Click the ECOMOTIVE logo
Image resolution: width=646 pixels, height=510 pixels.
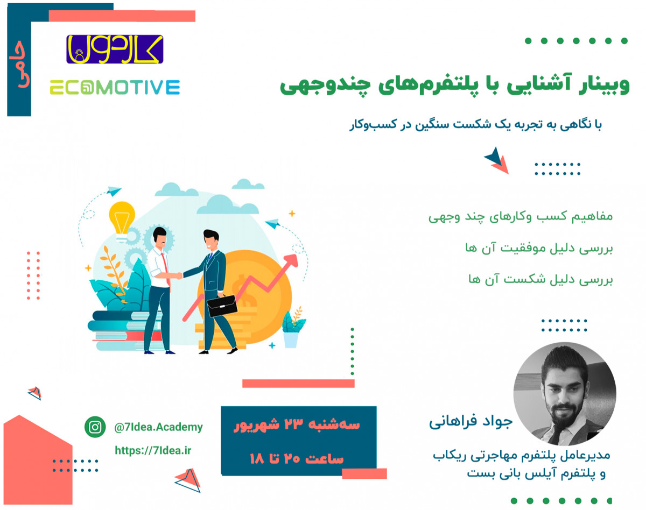(x=115, y=87)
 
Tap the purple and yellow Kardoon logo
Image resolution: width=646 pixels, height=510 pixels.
(x=115, y=49)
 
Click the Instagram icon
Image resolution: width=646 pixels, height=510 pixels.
(x=95, y=427)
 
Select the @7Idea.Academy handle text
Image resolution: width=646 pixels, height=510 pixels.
(x=158, y=427)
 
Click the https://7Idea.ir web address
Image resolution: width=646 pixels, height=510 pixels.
(x=153, y=450)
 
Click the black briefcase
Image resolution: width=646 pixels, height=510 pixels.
(x=222, y=306)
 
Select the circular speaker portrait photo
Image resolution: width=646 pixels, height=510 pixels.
(x=565, y=394)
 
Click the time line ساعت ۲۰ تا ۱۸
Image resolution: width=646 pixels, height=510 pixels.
(x=297, y=459)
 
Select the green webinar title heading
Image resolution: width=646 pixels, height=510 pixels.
(x=455, y=87)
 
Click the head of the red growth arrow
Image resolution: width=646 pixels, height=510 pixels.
(x=293, y=261)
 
